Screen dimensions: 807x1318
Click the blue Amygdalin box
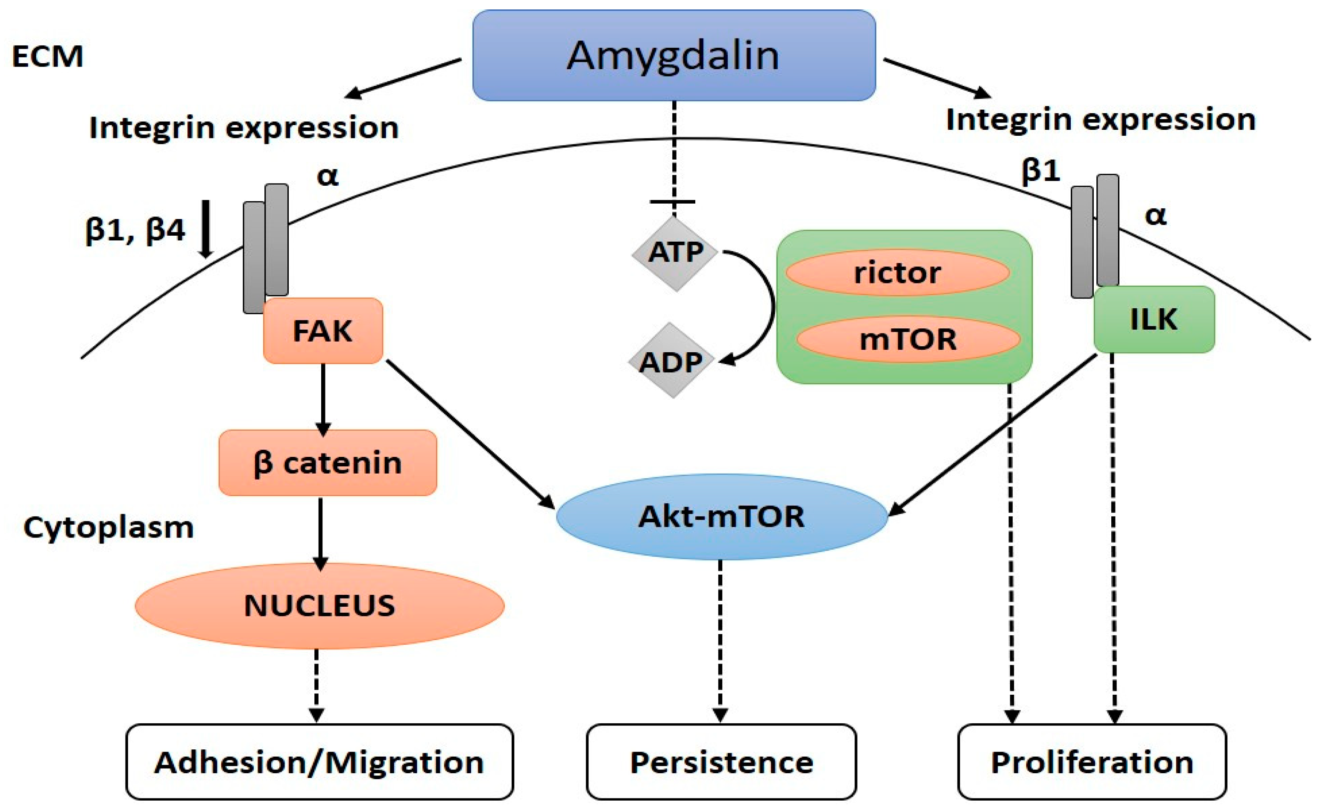coord(674,56)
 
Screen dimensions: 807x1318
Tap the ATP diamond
coord(675,252)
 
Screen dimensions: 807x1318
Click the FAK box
coord(323,331)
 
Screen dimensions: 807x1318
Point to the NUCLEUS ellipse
coord(319,606)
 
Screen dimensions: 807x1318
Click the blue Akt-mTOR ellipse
coord(721,517)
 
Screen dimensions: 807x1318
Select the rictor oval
coord(897,273)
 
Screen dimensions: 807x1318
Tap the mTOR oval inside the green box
coord(908,339)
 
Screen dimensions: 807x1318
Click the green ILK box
coord(1154,320)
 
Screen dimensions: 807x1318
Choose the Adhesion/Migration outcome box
coord(319,762)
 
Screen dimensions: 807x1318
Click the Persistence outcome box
coord(721,762)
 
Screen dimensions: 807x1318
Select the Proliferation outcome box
coord(1092,762)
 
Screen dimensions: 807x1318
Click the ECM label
coord(47,56)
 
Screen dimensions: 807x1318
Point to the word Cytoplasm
coord(108,527)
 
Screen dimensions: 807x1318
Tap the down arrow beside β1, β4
coord(206,229)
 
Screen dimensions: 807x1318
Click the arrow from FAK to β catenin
coord(322,398)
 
